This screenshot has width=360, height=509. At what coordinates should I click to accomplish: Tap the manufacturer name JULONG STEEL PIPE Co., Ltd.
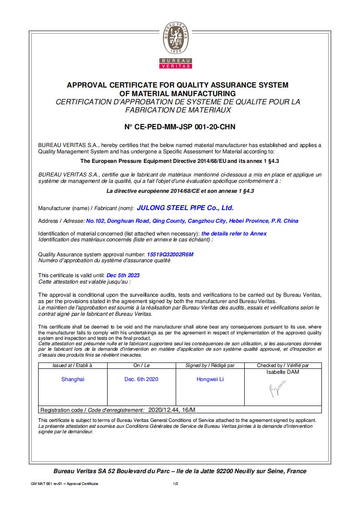pyautogui.click(x=185, y=208)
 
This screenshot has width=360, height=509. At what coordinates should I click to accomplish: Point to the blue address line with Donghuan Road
pyautogui.click(x=192, y=221)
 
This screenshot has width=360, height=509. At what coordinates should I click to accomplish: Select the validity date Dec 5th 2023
pyautogui.click(x=123, y=275)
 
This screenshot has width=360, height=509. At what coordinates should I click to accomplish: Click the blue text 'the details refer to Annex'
pyautogui.click(x=234, y=234)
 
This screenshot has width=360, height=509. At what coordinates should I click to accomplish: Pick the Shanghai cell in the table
pyautogui.click(x=73, y=379)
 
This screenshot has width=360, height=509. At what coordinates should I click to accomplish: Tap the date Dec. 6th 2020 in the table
pyautogui.click(x=141, y=379)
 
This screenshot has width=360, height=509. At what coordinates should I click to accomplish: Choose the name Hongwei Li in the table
pyautogui.click(x=210, y=379)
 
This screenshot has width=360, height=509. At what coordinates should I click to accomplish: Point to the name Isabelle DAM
pyautogui.click(x=283, y=372)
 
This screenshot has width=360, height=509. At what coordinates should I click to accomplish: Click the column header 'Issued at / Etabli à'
pyautogui.click(x=73, y=365)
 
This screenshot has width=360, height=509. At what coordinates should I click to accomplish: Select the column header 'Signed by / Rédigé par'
pyautogui.click(x=210, y=365)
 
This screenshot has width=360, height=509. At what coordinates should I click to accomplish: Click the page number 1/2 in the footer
pyautogui.click(x=176, y=484)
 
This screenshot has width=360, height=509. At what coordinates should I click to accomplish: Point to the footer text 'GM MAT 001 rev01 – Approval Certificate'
pyautogui.click(x=64, y=484)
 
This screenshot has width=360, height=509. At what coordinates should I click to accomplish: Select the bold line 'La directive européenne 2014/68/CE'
pyautogui.click(x=180, y=191)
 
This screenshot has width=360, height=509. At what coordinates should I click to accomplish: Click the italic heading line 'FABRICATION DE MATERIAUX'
pyautogui.click(x=178, y=110)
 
